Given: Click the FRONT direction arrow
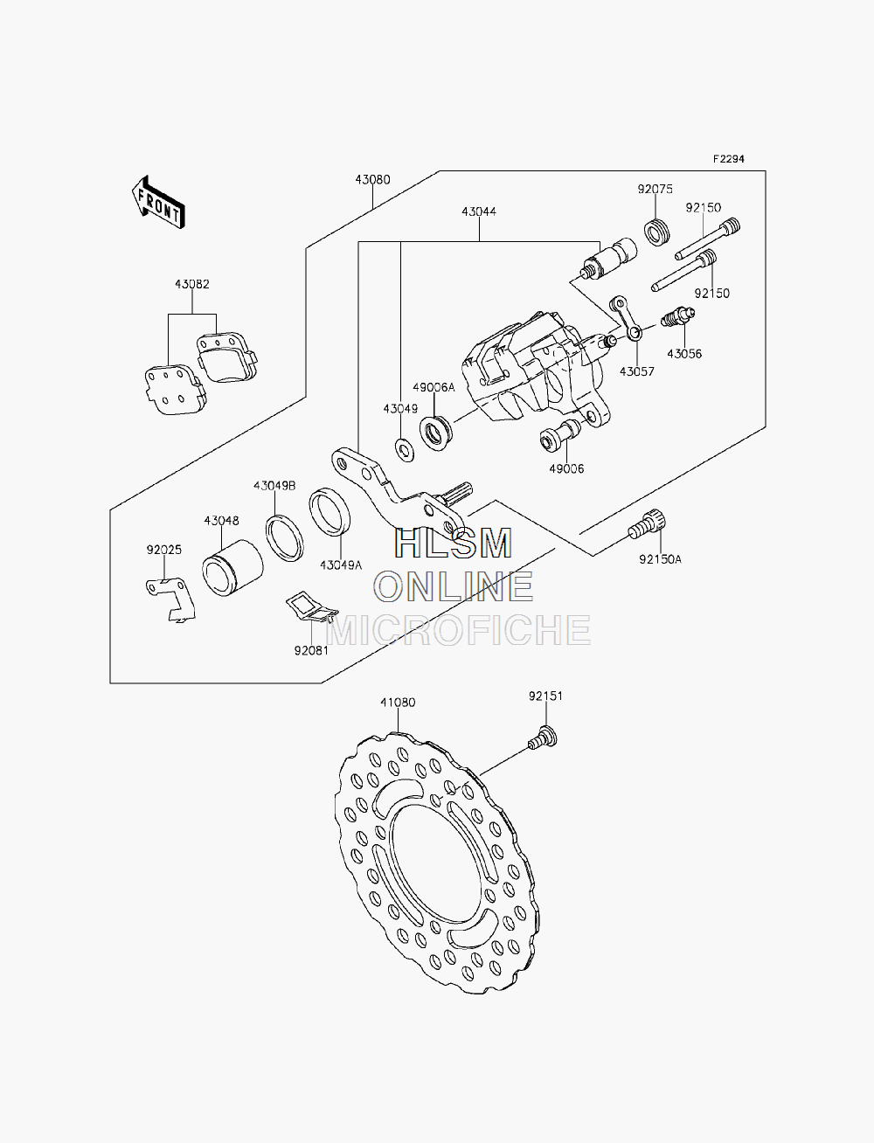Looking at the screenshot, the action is [x=158, y=203].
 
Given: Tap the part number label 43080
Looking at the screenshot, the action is [x=372, y=180].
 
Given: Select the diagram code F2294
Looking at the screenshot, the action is [x=729, y=159].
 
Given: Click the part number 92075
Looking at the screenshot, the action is [x=655, y=189].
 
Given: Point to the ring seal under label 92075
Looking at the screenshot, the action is [x=657, y=232].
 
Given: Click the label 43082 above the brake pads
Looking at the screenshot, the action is [x=191, y=284].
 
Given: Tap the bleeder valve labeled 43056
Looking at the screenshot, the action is [x=677, y=317].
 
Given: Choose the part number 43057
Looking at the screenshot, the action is [x=636, y=371].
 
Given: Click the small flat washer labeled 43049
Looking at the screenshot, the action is [x=404, y=449].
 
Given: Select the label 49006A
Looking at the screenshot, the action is [x=434, y=387].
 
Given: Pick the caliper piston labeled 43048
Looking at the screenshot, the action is [x=232, y=568].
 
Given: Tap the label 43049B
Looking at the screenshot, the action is [x=274, y=486].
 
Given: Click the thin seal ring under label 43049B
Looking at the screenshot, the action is [x=284, y=538].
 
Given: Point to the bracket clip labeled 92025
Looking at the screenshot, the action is [x=170, y=599].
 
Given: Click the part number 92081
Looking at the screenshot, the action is [x=311, y=651].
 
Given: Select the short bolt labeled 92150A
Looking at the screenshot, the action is [x=648, y=525].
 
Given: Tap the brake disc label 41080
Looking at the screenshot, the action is [x=398, y=703].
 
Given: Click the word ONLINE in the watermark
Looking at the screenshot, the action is [x=454, y=586].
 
